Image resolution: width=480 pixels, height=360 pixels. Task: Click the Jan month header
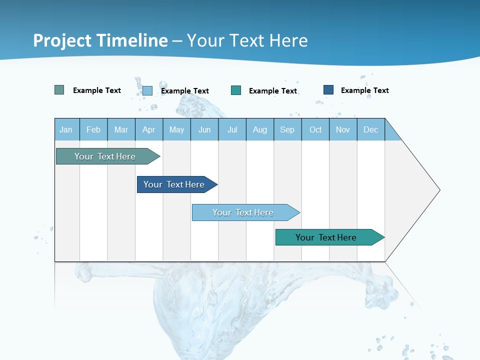click(66, 129)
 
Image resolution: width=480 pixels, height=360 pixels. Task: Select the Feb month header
click(93, 129)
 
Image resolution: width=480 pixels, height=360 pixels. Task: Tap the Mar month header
click(121, 129)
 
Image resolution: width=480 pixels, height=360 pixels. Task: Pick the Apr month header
click(149, 129)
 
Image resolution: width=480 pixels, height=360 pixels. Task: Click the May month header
click(176, 129)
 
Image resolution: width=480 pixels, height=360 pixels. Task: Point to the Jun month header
click(204, 129)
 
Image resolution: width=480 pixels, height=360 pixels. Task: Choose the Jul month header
click(232, 129)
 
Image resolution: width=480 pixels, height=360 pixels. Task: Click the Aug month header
click(260, 129)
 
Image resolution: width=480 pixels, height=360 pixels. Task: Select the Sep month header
click(287, 129)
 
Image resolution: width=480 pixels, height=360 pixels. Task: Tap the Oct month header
click(315, 129)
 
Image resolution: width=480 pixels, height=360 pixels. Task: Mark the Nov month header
click(343, 129)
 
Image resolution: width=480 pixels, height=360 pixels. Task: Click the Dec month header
click(371, 129)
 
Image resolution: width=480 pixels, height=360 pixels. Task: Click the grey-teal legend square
click(59, 90)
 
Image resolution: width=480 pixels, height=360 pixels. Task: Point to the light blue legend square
click(147, 90)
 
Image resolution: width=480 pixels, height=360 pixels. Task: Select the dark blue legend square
click(328, 90)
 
